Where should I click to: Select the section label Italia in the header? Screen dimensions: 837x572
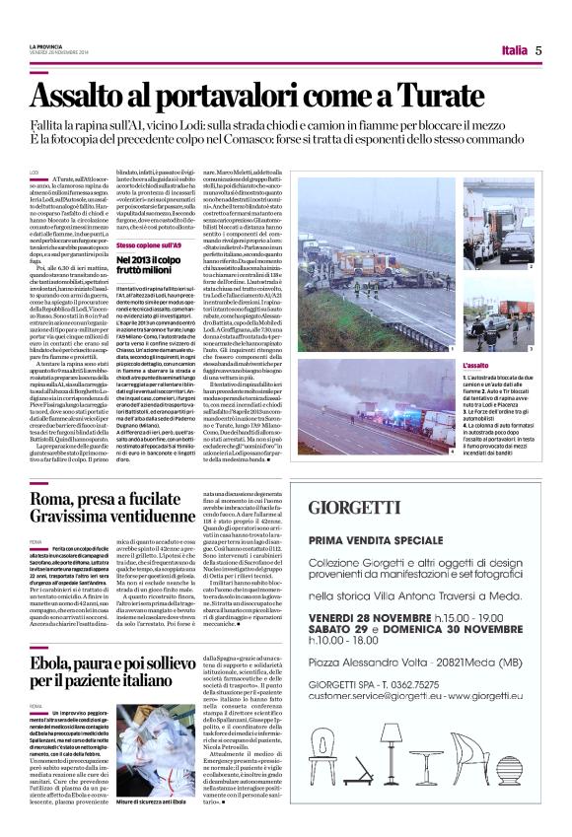point(513,50)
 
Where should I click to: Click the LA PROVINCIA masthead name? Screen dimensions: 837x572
point(44,46)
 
